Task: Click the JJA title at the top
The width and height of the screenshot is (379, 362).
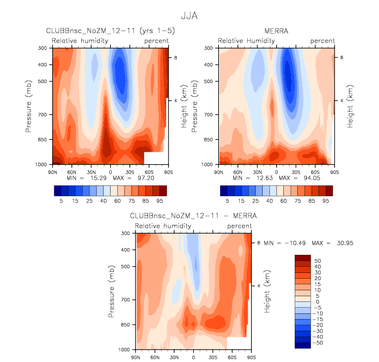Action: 189,16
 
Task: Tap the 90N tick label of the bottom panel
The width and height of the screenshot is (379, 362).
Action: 137,357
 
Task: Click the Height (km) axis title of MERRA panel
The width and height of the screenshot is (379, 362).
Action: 350,106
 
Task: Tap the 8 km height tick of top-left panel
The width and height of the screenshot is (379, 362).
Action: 175,58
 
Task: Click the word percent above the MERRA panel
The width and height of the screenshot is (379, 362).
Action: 323,40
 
